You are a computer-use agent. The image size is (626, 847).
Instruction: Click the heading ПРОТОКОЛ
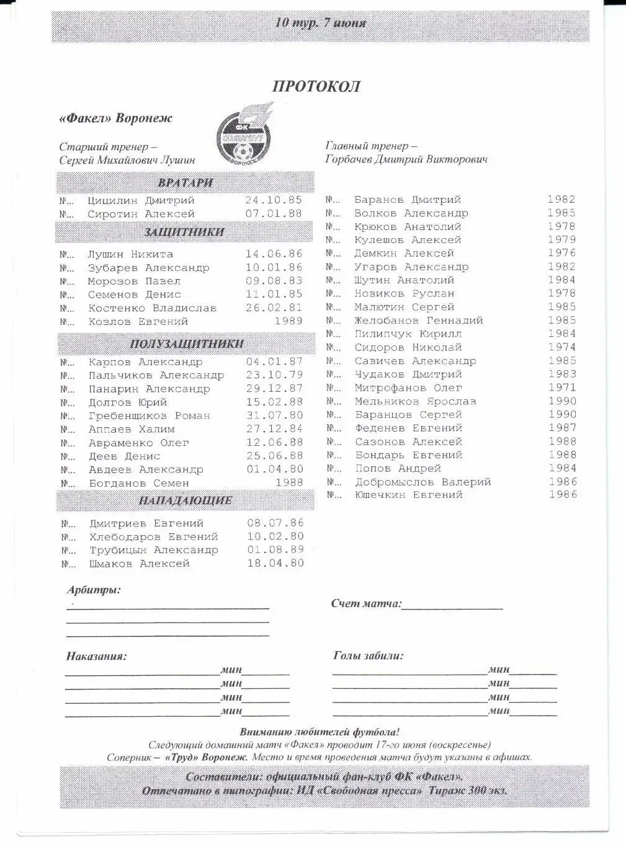(316, 86)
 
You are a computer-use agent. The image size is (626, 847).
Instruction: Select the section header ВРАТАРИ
(185, 182)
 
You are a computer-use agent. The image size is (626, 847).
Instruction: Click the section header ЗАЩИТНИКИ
(184, 233)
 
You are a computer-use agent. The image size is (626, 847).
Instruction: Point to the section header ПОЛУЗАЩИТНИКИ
(187, 344)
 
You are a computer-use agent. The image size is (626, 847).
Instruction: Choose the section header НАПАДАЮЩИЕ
(185, 501)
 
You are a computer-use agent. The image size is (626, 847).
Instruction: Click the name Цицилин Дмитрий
(141, 200)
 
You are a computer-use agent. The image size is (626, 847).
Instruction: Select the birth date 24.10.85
(274, 200)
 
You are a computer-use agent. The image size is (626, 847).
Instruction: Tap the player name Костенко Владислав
(152, 308)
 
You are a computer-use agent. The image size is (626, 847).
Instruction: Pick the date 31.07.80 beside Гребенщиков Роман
(274, 416)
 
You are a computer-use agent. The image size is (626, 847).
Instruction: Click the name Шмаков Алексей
(139, 564)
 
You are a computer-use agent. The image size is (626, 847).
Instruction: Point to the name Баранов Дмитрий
(407, 200)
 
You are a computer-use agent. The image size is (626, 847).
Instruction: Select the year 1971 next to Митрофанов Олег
(562, 388)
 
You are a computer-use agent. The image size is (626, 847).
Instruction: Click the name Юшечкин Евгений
(408, 495)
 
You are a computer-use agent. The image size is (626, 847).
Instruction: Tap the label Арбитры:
(94, 590)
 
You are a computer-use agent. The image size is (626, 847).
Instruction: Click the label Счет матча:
(366, 603)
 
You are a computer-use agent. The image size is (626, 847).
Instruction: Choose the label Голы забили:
(368, 655)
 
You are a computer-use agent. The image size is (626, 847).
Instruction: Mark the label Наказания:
(96, 656)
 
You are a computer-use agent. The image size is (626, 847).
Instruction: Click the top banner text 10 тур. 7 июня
(320, 23)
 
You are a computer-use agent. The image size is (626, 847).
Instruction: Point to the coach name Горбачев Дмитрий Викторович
(406, 159)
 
